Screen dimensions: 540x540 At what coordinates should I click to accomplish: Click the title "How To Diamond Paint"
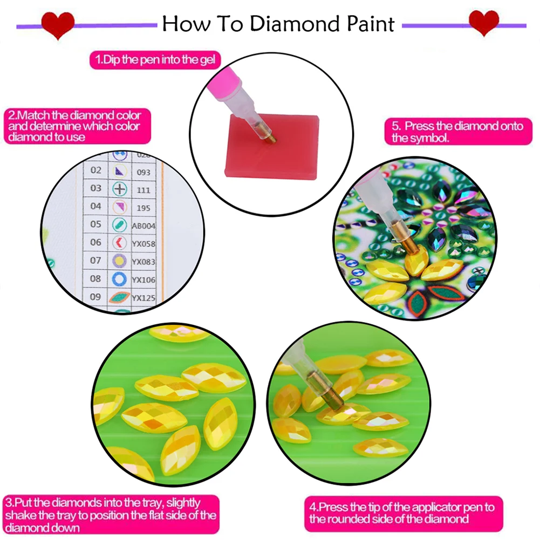coord(278,23)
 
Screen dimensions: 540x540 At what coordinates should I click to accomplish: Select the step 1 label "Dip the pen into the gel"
coord(155,60)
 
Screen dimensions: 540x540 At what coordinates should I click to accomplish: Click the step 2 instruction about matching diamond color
coord(74,126)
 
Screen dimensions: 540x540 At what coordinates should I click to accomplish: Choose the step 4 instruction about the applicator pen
coord(402,512)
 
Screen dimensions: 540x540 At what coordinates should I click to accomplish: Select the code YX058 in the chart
coord(144,243)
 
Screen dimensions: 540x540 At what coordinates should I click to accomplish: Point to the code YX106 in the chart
coord(144,279)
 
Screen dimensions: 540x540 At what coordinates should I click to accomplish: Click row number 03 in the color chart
coord(96,188)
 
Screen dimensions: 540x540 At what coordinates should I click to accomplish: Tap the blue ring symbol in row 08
coord(119,279)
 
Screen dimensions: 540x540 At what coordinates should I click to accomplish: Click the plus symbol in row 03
coord(119,189)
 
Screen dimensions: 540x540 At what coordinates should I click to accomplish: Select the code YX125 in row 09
coord(144,297)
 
